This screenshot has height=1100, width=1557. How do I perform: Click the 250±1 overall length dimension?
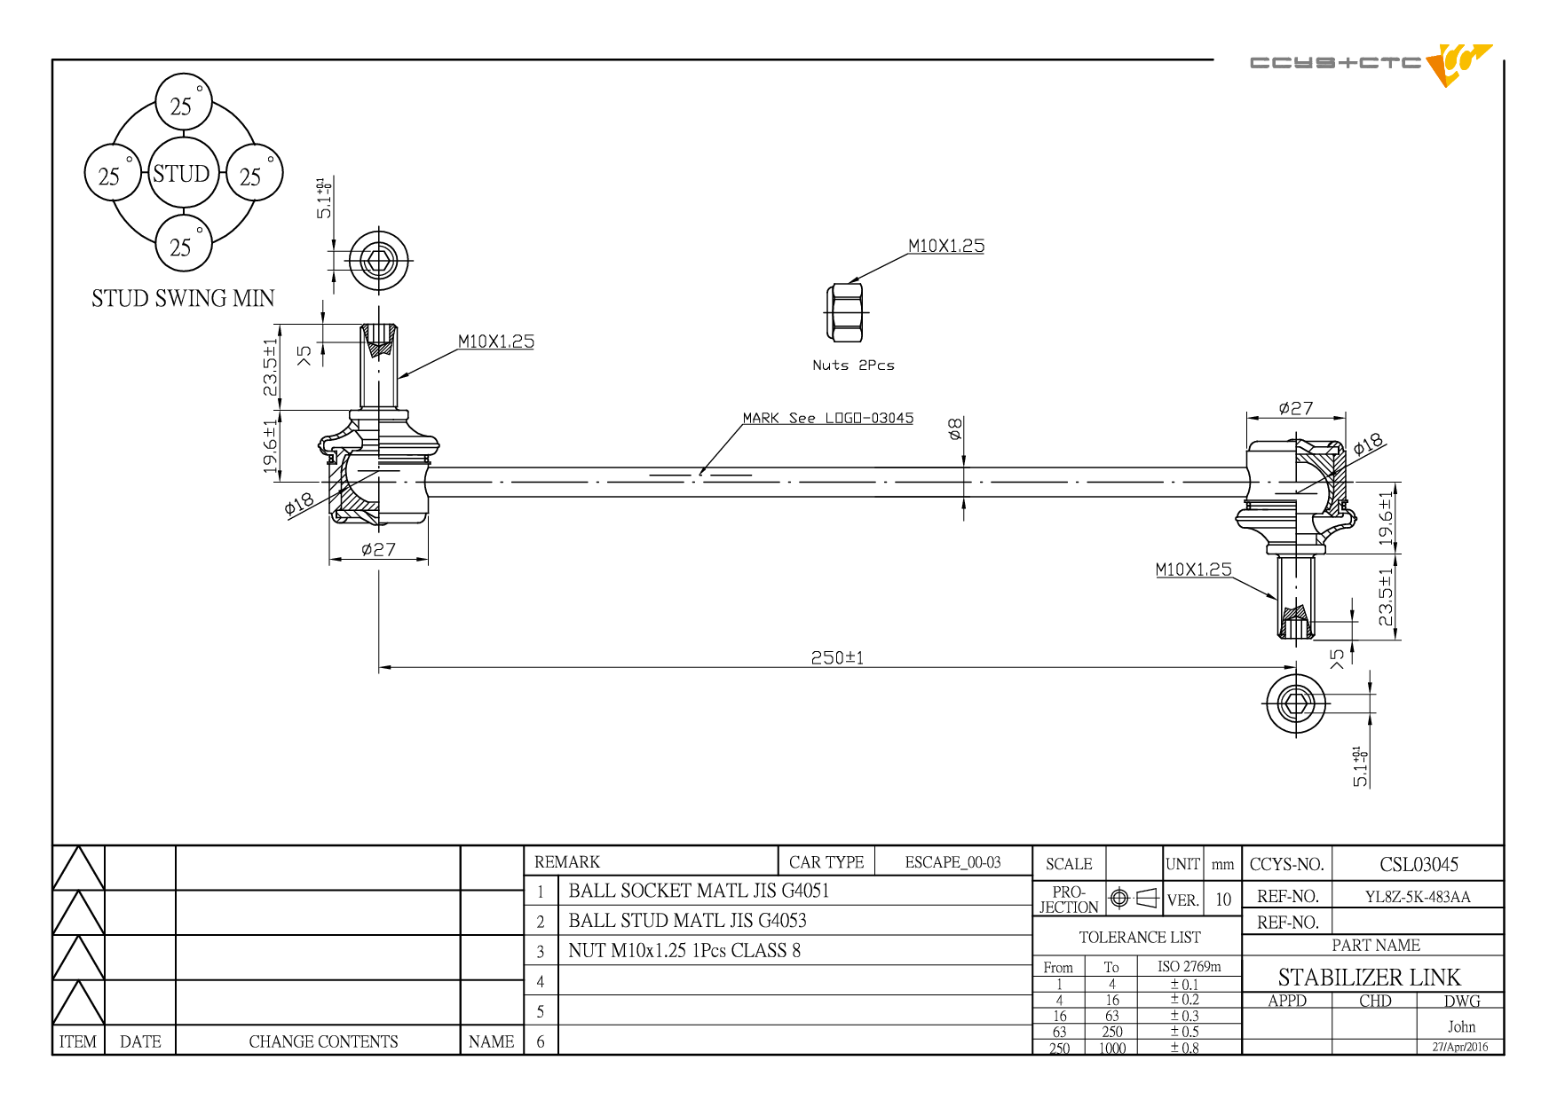[x=837, y=657]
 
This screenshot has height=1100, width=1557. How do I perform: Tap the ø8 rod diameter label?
[x=955, y=429]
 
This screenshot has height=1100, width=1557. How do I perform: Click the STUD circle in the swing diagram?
[x=182, y=173]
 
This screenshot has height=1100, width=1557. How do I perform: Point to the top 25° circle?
[x=183, y=102]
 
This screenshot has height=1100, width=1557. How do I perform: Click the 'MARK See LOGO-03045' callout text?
[x=828, y=418]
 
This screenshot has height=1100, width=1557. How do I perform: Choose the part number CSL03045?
[x=1419, y=864]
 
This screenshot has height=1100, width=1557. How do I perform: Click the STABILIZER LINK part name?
[x=1369, y=977]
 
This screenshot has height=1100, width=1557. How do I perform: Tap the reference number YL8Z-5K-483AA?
[x=1418, y=896]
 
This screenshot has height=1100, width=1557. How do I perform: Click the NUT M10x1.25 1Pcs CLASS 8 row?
[x=684, y=950]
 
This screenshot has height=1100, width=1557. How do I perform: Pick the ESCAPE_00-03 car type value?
[x=952, y=862]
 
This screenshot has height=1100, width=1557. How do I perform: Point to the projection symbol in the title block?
[x=1134, y=898]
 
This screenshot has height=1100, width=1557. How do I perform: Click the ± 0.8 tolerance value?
[x=1184, y=1048]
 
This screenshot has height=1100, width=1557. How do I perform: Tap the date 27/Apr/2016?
[x=1460, y=1047]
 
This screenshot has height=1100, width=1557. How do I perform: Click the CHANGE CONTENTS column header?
[x=323, y=1041]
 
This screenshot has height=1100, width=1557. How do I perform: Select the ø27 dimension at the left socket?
[x=379, y=550]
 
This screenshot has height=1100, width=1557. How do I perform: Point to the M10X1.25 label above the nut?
[x=946, y=246]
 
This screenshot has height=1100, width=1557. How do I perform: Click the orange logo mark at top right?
[x=1458, y=64]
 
